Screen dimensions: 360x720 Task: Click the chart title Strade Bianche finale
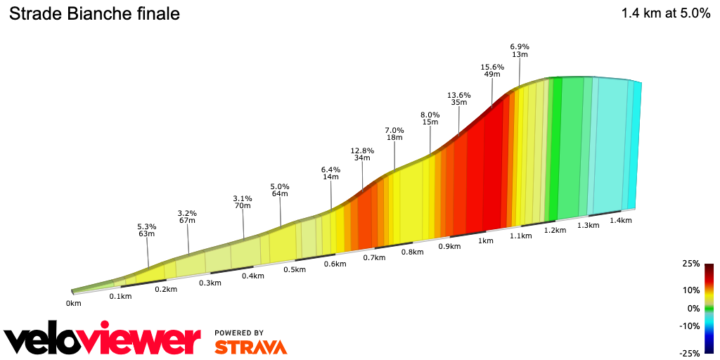click(x=94, y=14)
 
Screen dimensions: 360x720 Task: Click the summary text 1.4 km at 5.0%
click(x=666, y=13)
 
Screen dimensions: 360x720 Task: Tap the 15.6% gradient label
click(x=492, y=67)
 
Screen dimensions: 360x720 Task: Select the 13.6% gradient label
click(x=458, y=95)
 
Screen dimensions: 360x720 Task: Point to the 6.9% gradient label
click(x=520, y=46)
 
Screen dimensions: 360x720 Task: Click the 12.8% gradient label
click(x=362, y=150)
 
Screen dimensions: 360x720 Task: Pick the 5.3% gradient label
click(x=146, y=226)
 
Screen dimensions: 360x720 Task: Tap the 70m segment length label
click(x=243, y=206)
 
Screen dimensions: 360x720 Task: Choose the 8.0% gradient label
click(x=430, y=115)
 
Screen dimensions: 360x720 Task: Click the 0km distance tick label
click(x=74, y=303)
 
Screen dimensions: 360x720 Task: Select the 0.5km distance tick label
click(x=295, y=269)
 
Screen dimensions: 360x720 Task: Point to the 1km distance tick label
click(x=485, y=240)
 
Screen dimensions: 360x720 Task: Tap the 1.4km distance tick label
click(x=621, y=220)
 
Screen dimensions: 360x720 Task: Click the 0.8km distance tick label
click(x=412, y=252)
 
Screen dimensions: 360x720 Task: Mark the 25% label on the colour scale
click(x=691, y=264)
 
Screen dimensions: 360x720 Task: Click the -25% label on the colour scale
click(x=689, y=353)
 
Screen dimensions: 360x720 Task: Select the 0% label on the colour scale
click(x=693, y=309)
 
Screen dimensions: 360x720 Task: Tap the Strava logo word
click(x=250, y=347)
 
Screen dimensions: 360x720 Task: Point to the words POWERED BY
click(x=239, y=333)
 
